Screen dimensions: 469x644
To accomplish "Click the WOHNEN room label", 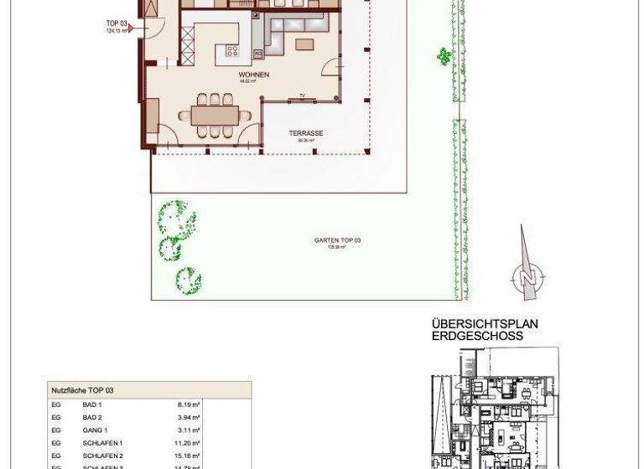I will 252,75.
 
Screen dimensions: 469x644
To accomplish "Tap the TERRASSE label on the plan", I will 306,134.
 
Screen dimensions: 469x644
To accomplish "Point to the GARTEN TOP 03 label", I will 337,240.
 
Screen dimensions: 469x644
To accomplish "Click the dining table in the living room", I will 216,115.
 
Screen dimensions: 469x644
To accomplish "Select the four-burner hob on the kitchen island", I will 232,52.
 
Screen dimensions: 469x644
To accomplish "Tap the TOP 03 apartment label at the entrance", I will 116,23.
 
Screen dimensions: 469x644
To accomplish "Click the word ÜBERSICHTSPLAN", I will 485,324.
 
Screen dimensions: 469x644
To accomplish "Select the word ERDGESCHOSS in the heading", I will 477,336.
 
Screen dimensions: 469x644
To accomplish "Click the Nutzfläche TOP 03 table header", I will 82,390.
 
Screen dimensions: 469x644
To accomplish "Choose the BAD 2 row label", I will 92,417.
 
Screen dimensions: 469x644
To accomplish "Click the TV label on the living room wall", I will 302,97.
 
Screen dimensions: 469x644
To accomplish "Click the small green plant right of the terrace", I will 443,56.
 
